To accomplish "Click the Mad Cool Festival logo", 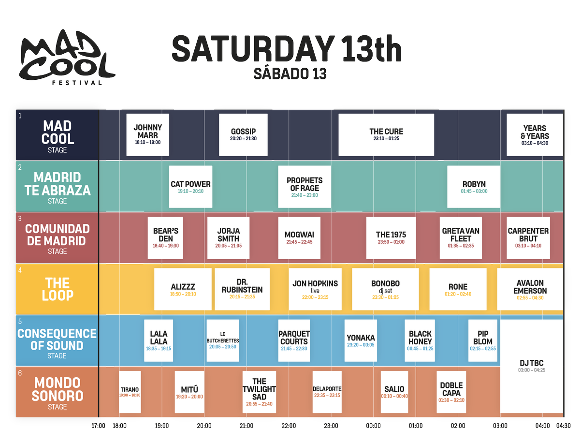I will point(67,61).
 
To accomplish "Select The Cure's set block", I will point(386,134).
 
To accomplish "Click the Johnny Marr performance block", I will point(147,134).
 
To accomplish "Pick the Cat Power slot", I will point(190,187).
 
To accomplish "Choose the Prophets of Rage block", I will point(304,187).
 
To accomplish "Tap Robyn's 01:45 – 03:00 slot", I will point(474,187).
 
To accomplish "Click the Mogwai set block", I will point(299,237).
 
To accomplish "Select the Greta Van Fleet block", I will point(461,237).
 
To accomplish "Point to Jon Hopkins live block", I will point(315,289).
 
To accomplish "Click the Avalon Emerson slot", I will point(530,289).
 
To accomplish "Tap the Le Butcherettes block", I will point(222,340).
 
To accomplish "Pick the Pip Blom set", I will point(482,340).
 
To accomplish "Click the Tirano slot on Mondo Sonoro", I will point(130,392).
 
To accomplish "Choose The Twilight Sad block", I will point(259,392).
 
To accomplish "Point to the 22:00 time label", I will point(289,426).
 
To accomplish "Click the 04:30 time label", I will point(563,426).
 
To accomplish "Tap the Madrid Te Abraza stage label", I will point(57,187).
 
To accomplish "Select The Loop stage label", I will point(57,289).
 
